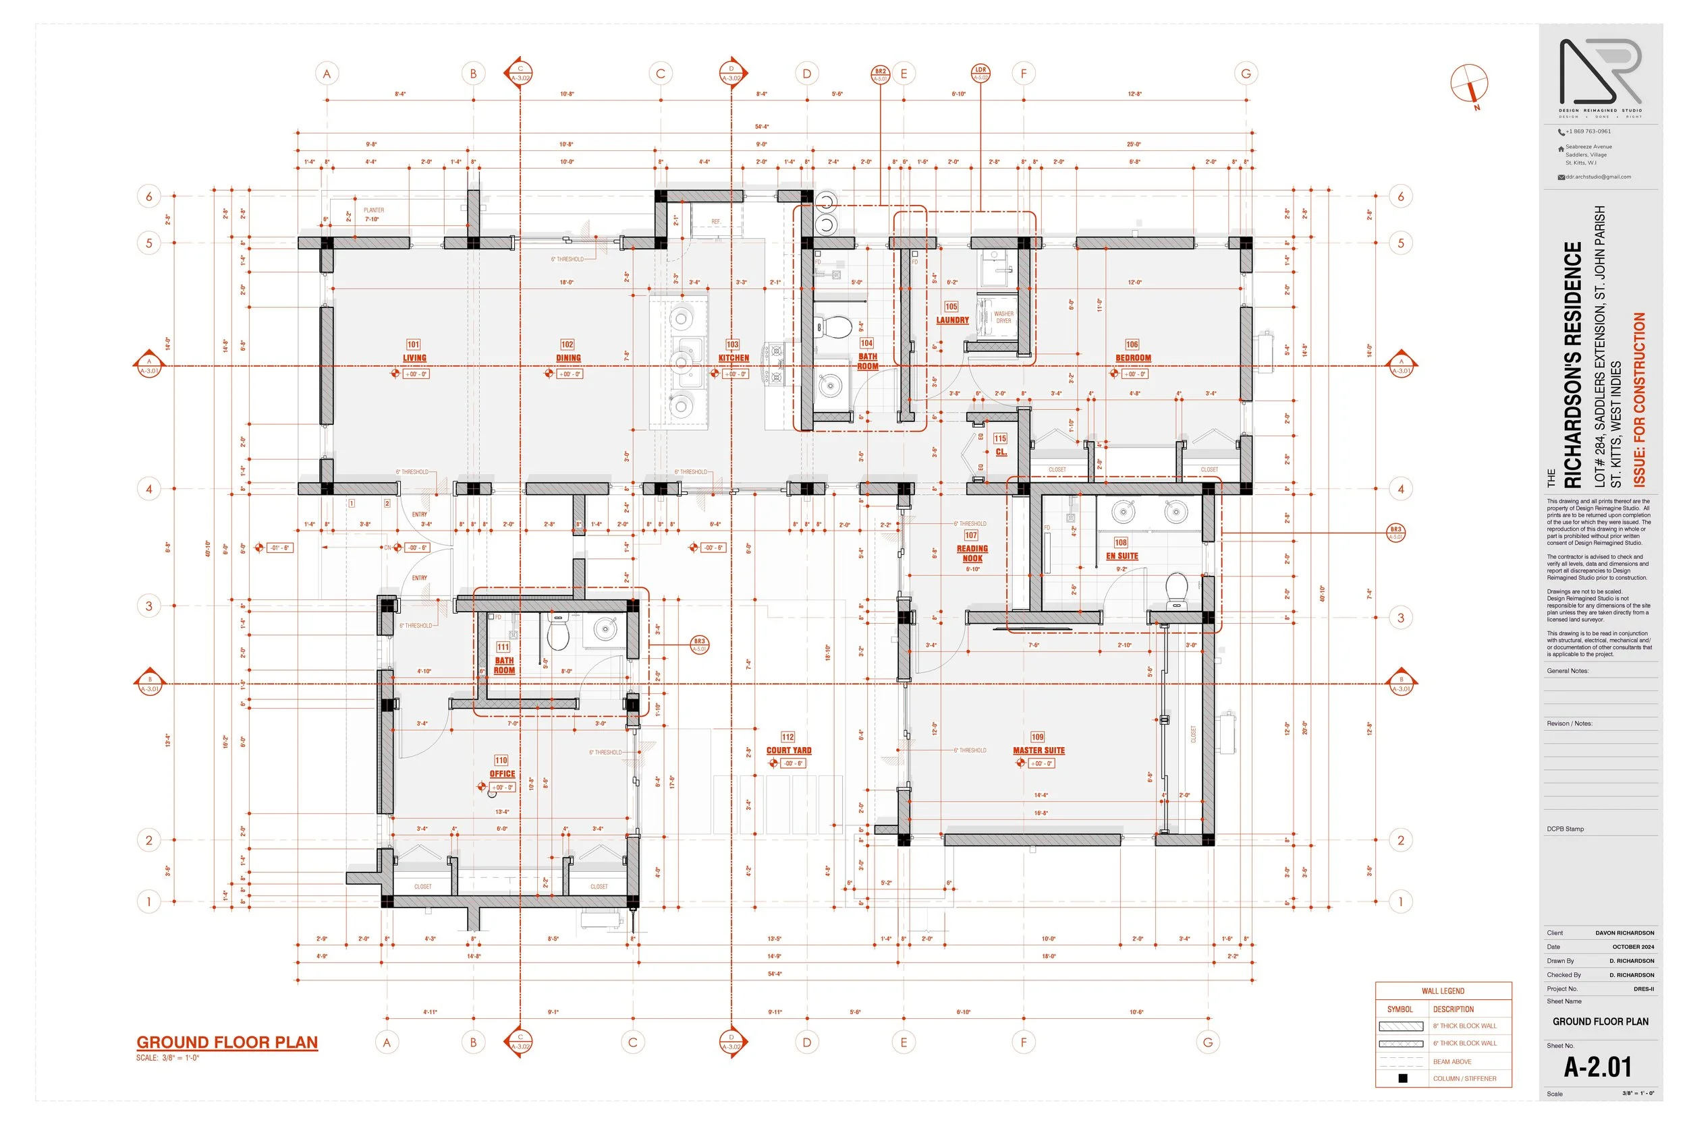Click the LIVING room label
click(414, 358)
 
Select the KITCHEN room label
click(733, 358)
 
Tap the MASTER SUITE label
click(1039, 750)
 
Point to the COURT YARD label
click(788, 750)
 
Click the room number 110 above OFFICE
click(501, 761)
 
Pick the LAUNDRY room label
click(952, 320)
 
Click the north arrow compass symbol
click(1469, 84)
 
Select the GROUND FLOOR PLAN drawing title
click(227, 1042)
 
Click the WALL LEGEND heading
click(1443, 991)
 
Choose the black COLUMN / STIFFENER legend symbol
click(1402, 1078)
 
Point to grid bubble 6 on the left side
click(149, 196)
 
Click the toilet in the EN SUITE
click(1176, 588)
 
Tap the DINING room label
click(568, 358)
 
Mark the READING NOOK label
click(972, 554)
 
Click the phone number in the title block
click(1587, 131)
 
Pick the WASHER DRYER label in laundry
click(1003, 318)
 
